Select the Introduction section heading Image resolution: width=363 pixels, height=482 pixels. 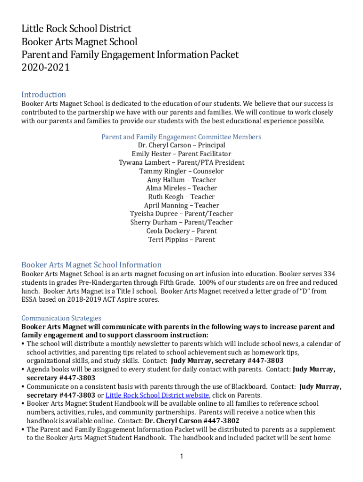click(x=43, y=95)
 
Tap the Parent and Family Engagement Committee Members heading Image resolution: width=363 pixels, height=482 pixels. click(x=181, y=137)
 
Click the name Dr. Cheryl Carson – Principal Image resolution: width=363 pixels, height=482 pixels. click(x=181, y=145)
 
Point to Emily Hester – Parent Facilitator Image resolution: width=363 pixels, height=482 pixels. click(x=181, y=154)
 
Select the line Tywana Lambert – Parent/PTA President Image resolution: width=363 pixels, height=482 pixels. click(x=181, y=162)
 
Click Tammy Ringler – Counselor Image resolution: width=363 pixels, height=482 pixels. click(x=181, y=171)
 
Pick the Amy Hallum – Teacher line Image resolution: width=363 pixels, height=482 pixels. click(x=181, y=180)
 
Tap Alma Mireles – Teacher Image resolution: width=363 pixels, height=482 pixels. click(x=181, y=188)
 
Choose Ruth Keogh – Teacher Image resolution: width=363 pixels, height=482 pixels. click(x=181, y=197)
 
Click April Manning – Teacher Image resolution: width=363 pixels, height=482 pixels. click(x=181, y=205)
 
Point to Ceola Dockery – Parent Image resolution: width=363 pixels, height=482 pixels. click(x=181, y=231)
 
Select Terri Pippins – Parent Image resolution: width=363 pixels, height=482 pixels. click(x=181, y=240)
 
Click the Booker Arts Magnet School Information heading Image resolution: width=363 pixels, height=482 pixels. click(x=91, y=265)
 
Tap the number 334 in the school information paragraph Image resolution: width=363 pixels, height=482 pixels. click(x=329, y=274)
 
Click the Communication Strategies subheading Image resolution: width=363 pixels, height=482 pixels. click(x=61, y=318)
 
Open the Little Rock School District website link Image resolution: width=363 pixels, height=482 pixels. click(x=157, y=395)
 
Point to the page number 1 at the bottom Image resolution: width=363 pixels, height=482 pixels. click(x=181, y=456)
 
